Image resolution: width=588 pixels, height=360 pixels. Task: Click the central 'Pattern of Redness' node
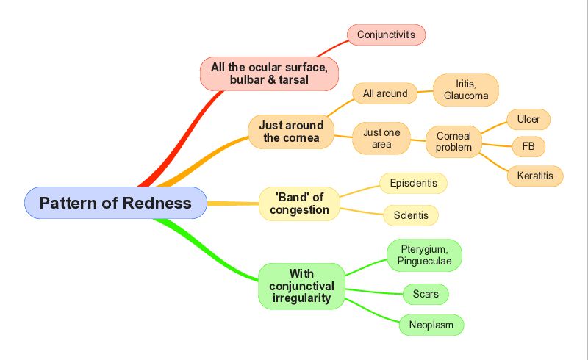tap(115, 203)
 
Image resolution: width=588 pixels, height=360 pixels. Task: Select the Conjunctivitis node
tap(387, 35)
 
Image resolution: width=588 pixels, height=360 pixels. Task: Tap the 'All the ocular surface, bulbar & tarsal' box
tap(269, 73)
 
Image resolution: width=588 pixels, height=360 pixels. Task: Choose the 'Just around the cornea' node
tap(291, 132)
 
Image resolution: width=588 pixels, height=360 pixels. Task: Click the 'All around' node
tap(384, 93)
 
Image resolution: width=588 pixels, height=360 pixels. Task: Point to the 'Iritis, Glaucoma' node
tap(466, 90)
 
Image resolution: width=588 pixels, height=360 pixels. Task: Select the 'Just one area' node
tap(381, 138)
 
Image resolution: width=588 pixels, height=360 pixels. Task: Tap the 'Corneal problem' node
tap(453, 142)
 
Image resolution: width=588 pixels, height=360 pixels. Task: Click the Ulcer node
tap(528, 119)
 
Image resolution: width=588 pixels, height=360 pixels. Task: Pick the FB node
tap(528, 146)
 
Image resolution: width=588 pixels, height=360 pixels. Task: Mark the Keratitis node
tap(535, 176)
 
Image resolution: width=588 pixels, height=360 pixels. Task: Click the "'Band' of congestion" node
tap(299, 204)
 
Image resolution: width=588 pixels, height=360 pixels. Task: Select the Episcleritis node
tap(413, 184)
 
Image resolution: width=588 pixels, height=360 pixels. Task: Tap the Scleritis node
tap(411, 215)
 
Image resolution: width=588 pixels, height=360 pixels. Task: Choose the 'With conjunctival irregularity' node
tap(301, 286)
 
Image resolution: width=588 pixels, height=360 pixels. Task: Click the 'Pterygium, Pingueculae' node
tap(424, 255)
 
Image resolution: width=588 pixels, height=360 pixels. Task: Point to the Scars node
tap(426, 294)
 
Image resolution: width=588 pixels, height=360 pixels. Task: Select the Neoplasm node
tap(431, 325)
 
